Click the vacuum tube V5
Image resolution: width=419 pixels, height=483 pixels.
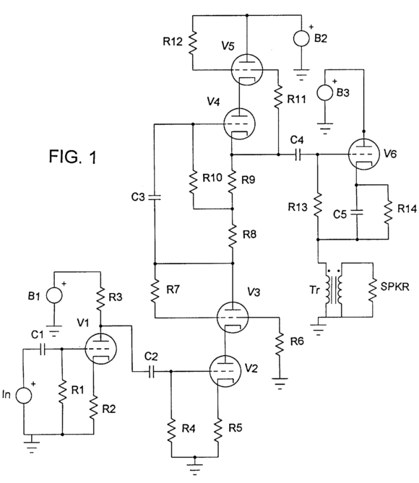pyautogui.click(x=246, y=69)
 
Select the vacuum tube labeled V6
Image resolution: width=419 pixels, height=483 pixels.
pyautogui.click(x=363, y=154)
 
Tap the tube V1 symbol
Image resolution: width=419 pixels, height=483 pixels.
pyautogui.click(x=100, y=349)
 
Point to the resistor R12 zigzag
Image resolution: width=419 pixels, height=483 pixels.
pyautogui.click(x=193, y=42)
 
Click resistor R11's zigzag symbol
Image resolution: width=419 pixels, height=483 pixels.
pyautogui.click(x=278, y=97)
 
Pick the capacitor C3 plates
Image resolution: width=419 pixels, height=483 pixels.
pyautogui.click(x=155, y=197)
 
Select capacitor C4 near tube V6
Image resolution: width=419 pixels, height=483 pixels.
pyautogui.click(x=298, y=155)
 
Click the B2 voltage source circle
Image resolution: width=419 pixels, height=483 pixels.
pyautogui.click(x=301, y=38)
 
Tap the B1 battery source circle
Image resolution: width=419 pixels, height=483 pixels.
pyautogui.click(x=54, y=295)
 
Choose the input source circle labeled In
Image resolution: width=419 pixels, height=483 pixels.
pyautogui.click(x=24, y=396)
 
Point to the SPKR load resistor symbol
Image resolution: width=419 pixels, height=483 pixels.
pyautogui.click(x=373, y=290)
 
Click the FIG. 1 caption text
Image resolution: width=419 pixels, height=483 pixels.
pyautogui.click(x=73, y=156)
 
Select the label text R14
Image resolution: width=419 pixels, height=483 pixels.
pyautogui.click(x=407, y=209)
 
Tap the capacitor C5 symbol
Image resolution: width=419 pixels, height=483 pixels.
pyautogui.click(x=356, y=212)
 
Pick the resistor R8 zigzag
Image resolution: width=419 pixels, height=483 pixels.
pyautogui.click(x=233, y=235)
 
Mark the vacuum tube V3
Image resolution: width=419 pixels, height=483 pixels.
pyautogui.click(x=233, y=317)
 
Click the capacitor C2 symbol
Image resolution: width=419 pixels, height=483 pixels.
pyautogui.click(x=151, y=372)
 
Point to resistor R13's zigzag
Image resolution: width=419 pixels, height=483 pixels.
pyautogui.click(x=318, y=205)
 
